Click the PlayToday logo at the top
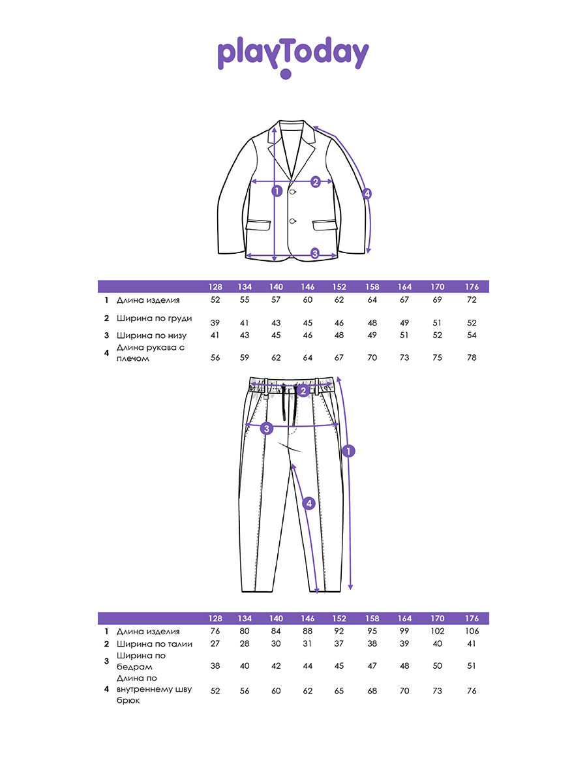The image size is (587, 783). (293, 57)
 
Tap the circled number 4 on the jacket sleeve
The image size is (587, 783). (367, 194)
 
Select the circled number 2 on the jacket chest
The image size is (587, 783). (315, 182)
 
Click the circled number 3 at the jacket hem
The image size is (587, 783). (315, 253)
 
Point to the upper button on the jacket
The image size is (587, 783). (293, 192)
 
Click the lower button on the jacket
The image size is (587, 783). (293, 221)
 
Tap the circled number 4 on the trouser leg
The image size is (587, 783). (309, 503)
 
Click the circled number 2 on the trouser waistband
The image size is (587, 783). (303, 391)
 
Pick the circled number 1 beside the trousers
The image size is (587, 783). (348, 452)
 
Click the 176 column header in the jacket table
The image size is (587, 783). (472, 287)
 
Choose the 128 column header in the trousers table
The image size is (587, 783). (215, 618)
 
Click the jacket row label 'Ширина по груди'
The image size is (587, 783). (154, 318)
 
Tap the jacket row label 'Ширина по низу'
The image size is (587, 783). (151, 335)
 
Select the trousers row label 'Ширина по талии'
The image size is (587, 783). (155, 644)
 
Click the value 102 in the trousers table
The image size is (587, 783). (437, 631)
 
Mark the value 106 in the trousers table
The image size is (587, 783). (472, 631)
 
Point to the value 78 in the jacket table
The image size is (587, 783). (472, 358)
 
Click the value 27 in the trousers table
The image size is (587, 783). (215, 643)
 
